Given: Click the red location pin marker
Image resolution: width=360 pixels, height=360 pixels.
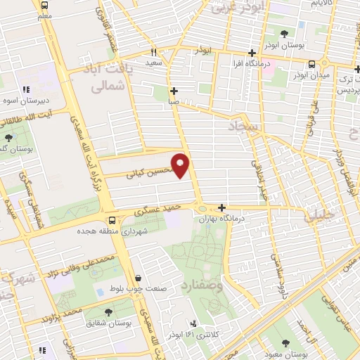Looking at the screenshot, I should click(181, 165).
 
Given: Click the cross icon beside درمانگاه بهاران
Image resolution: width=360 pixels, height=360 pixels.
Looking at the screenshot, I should click(222, 207).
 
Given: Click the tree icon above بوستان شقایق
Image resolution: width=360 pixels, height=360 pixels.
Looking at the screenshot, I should click(108, 311).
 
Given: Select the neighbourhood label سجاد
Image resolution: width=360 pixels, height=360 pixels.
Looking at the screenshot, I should click(243, 126).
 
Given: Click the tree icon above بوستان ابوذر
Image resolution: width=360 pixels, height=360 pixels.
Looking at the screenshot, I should click(284, 34).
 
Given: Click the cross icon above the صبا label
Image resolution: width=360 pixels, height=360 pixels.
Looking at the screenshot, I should click(174, 91).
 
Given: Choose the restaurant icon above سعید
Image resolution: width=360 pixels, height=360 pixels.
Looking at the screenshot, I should click(154, 52).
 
